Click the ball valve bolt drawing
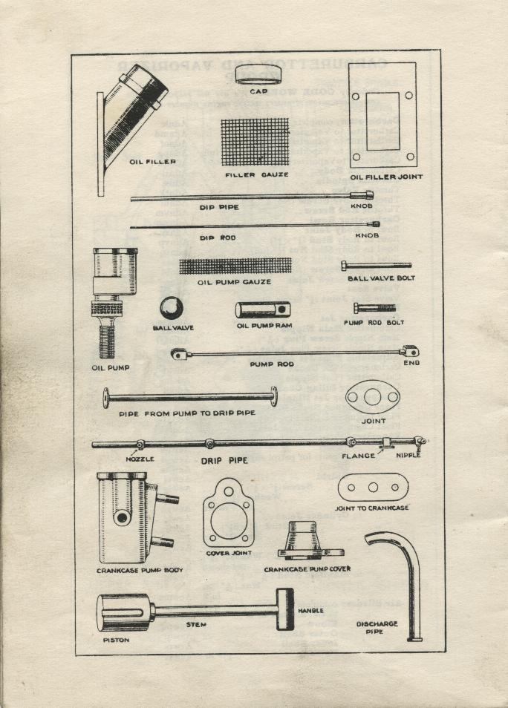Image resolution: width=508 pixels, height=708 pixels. coord(375,265)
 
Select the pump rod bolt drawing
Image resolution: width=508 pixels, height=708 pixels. coord(374,306)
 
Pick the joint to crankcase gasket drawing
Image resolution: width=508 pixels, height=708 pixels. coord(373,488)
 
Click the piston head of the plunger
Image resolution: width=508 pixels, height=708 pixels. coord(123,613)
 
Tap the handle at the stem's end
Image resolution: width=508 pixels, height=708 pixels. coord(285,609)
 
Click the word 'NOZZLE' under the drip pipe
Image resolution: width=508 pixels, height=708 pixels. coord(139,459)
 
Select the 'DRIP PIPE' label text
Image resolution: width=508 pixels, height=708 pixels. coord(224,461)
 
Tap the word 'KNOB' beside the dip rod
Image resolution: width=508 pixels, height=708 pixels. coord(366,235)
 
